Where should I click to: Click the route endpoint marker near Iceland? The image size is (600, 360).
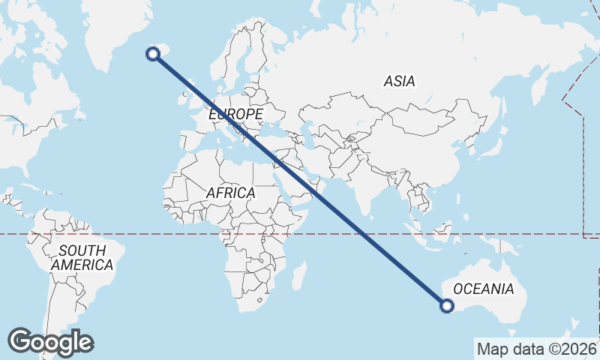coord(153,53)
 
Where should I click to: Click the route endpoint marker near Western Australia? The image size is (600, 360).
coord(447,305)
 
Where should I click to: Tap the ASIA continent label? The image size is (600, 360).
coord(399,81)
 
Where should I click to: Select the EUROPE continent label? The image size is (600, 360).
coord(235,114)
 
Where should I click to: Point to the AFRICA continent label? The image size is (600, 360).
coord(230,193)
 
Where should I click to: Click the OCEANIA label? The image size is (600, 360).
coord(484,289)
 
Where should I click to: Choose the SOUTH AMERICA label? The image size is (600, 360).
coord(82,257)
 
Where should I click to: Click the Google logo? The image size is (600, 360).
coord(50,342)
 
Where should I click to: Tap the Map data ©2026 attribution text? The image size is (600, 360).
coord(536,349)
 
